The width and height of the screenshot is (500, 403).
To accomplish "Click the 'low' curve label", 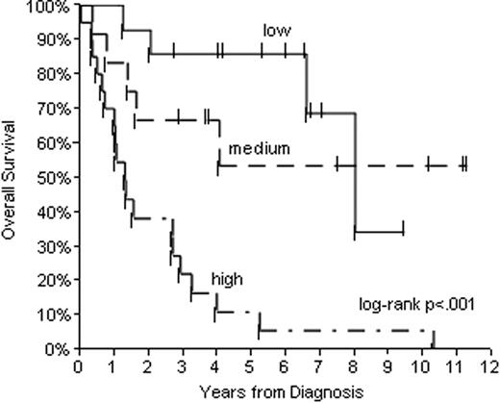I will coord(277,31).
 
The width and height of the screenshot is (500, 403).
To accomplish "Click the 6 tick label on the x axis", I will coord(286,366).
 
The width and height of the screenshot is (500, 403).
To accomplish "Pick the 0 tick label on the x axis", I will coord(79,366).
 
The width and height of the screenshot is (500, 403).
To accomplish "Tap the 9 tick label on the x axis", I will coord(388,366).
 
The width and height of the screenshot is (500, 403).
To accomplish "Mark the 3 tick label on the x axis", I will coord(182,366).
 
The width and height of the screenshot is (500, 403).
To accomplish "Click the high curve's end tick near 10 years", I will coord(433,339).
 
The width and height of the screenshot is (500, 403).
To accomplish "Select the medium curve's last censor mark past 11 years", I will coord(465,165).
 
